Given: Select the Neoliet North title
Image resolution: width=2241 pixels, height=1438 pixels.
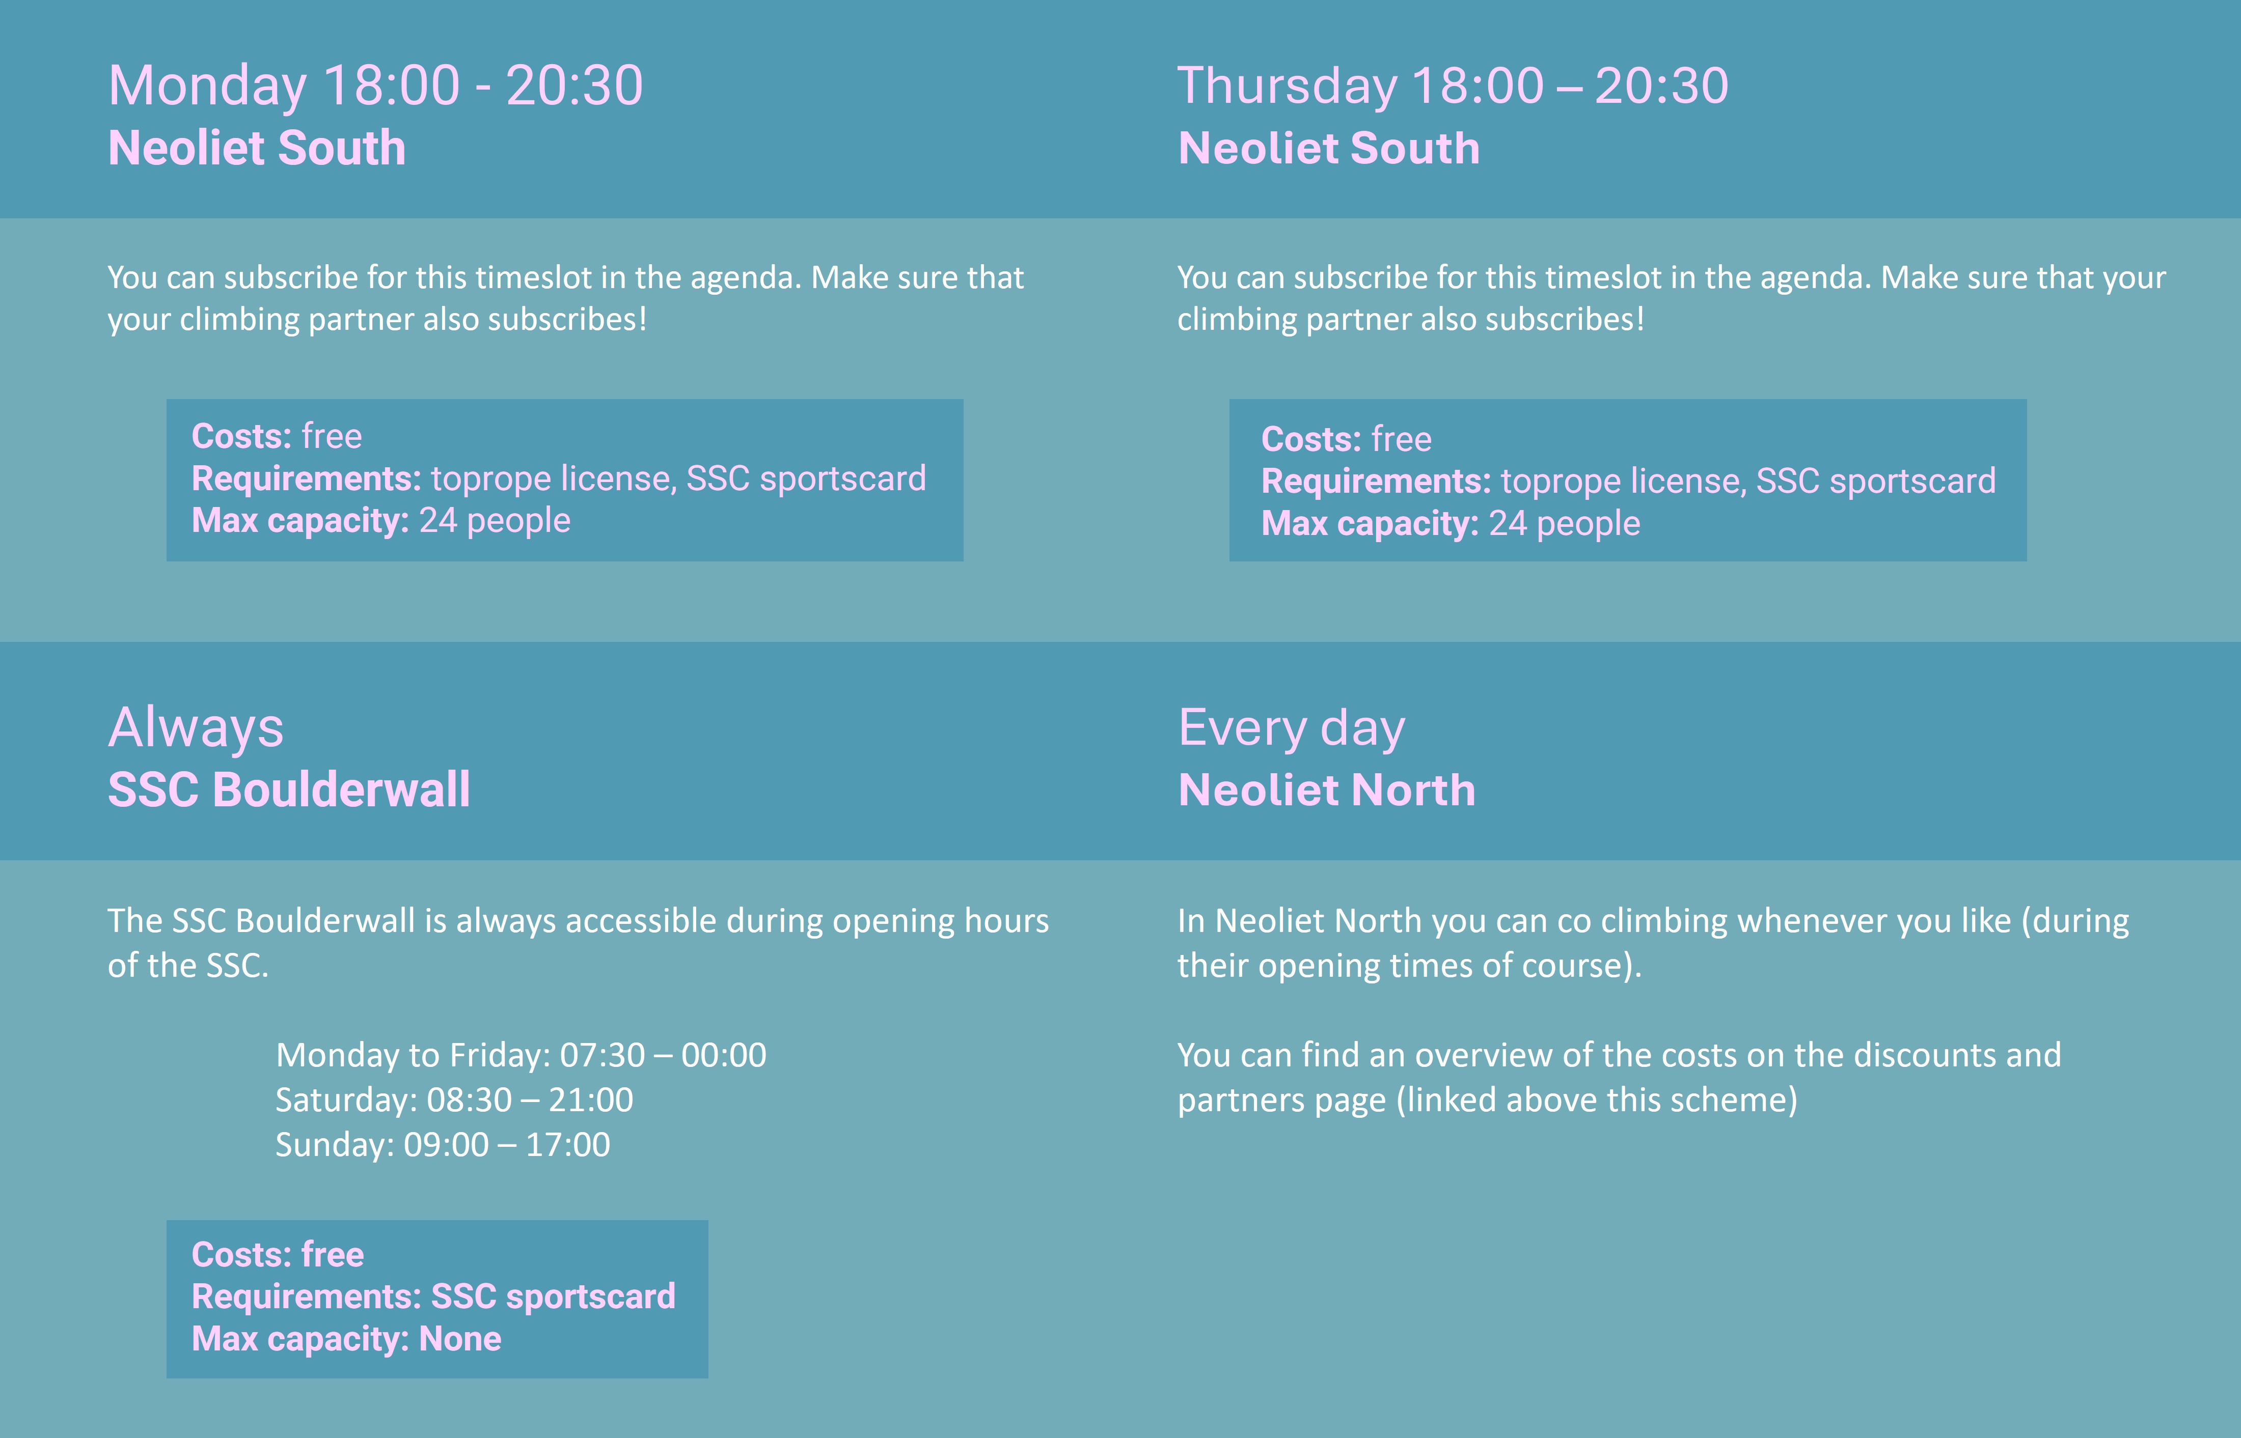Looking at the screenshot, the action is pos(1326,790).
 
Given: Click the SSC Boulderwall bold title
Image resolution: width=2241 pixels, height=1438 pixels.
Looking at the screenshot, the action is pos(289,790).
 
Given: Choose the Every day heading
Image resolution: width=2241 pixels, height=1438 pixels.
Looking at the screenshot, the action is pos(1291,728).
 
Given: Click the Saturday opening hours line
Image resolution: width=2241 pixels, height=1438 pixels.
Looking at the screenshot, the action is pos(454,1100).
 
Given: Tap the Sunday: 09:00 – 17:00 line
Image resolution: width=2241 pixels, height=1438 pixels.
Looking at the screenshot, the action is pos(443,1145).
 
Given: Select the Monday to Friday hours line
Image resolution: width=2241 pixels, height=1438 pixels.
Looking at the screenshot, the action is pos(521,1055).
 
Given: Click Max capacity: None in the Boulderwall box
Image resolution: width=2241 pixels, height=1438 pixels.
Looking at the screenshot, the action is pos(346,1339).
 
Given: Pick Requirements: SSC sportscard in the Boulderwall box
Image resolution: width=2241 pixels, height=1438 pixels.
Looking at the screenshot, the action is pos(433,1297).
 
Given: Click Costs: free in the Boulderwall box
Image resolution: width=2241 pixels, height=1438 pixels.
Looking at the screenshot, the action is pos(278,1255).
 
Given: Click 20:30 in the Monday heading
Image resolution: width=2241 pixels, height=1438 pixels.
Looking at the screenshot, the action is pos(575,86).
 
